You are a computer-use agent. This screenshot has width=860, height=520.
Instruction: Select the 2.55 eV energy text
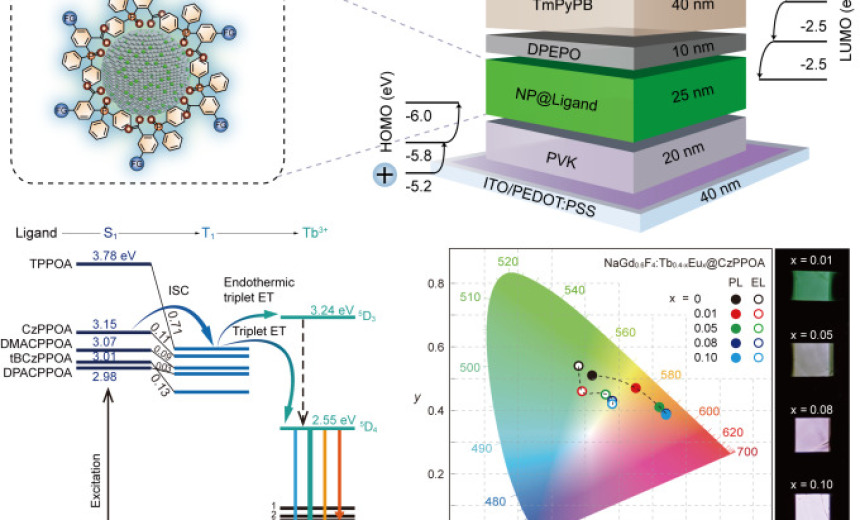pyautogui.click(x=331, y=420)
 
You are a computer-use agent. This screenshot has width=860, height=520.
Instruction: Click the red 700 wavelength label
pyautogui.click(x=745, y=453)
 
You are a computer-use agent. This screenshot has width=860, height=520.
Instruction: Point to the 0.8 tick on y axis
pyautogui.click(x=435, y=284)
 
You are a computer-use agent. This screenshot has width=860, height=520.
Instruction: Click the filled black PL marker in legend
pyautogui.click(x=735, y=298)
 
